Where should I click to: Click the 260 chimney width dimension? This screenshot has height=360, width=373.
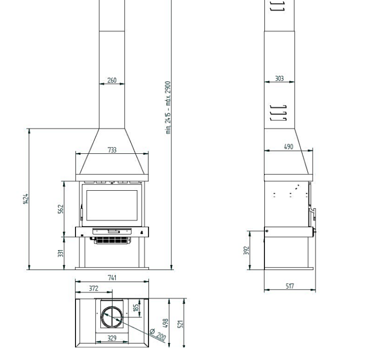tap(112, 80)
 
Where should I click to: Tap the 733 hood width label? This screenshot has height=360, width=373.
tap(112, 150)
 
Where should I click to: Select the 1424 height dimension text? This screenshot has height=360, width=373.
tap(26, 198)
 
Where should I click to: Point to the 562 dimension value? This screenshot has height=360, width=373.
tap(61, 209)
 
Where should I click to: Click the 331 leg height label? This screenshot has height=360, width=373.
tap(61, 253)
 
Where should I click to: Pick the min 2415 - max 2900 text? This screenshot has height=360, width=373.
tap(168, 108)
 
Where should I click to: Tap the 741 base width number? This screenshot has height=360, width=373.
tap(112, 278)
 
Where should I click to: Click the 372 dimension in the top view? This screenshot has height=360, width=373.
tap(93, 288)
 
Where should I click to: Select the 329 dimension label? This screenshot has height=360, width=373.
tap(112, 338)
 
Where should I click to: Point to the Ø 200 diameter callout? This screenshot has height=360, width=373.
tap(158, 334)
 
